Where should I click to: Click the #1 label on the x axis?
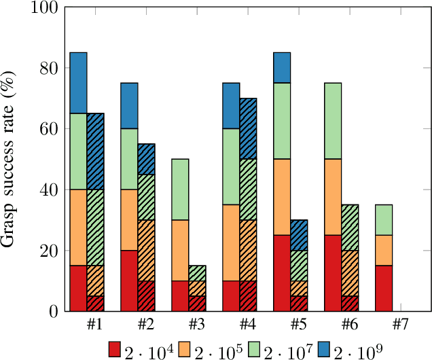tap(95, 323)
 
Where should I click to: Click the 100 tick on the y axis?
tap(46, 8)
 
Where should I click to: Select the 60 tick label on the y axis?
tap(49, 129)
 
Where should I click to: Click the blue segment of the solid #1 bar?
tap(79, 82)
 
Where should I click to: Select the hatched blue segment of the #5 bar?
tap(300, 235)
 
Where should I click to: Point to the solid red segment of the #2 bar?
tap(129, 281)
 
